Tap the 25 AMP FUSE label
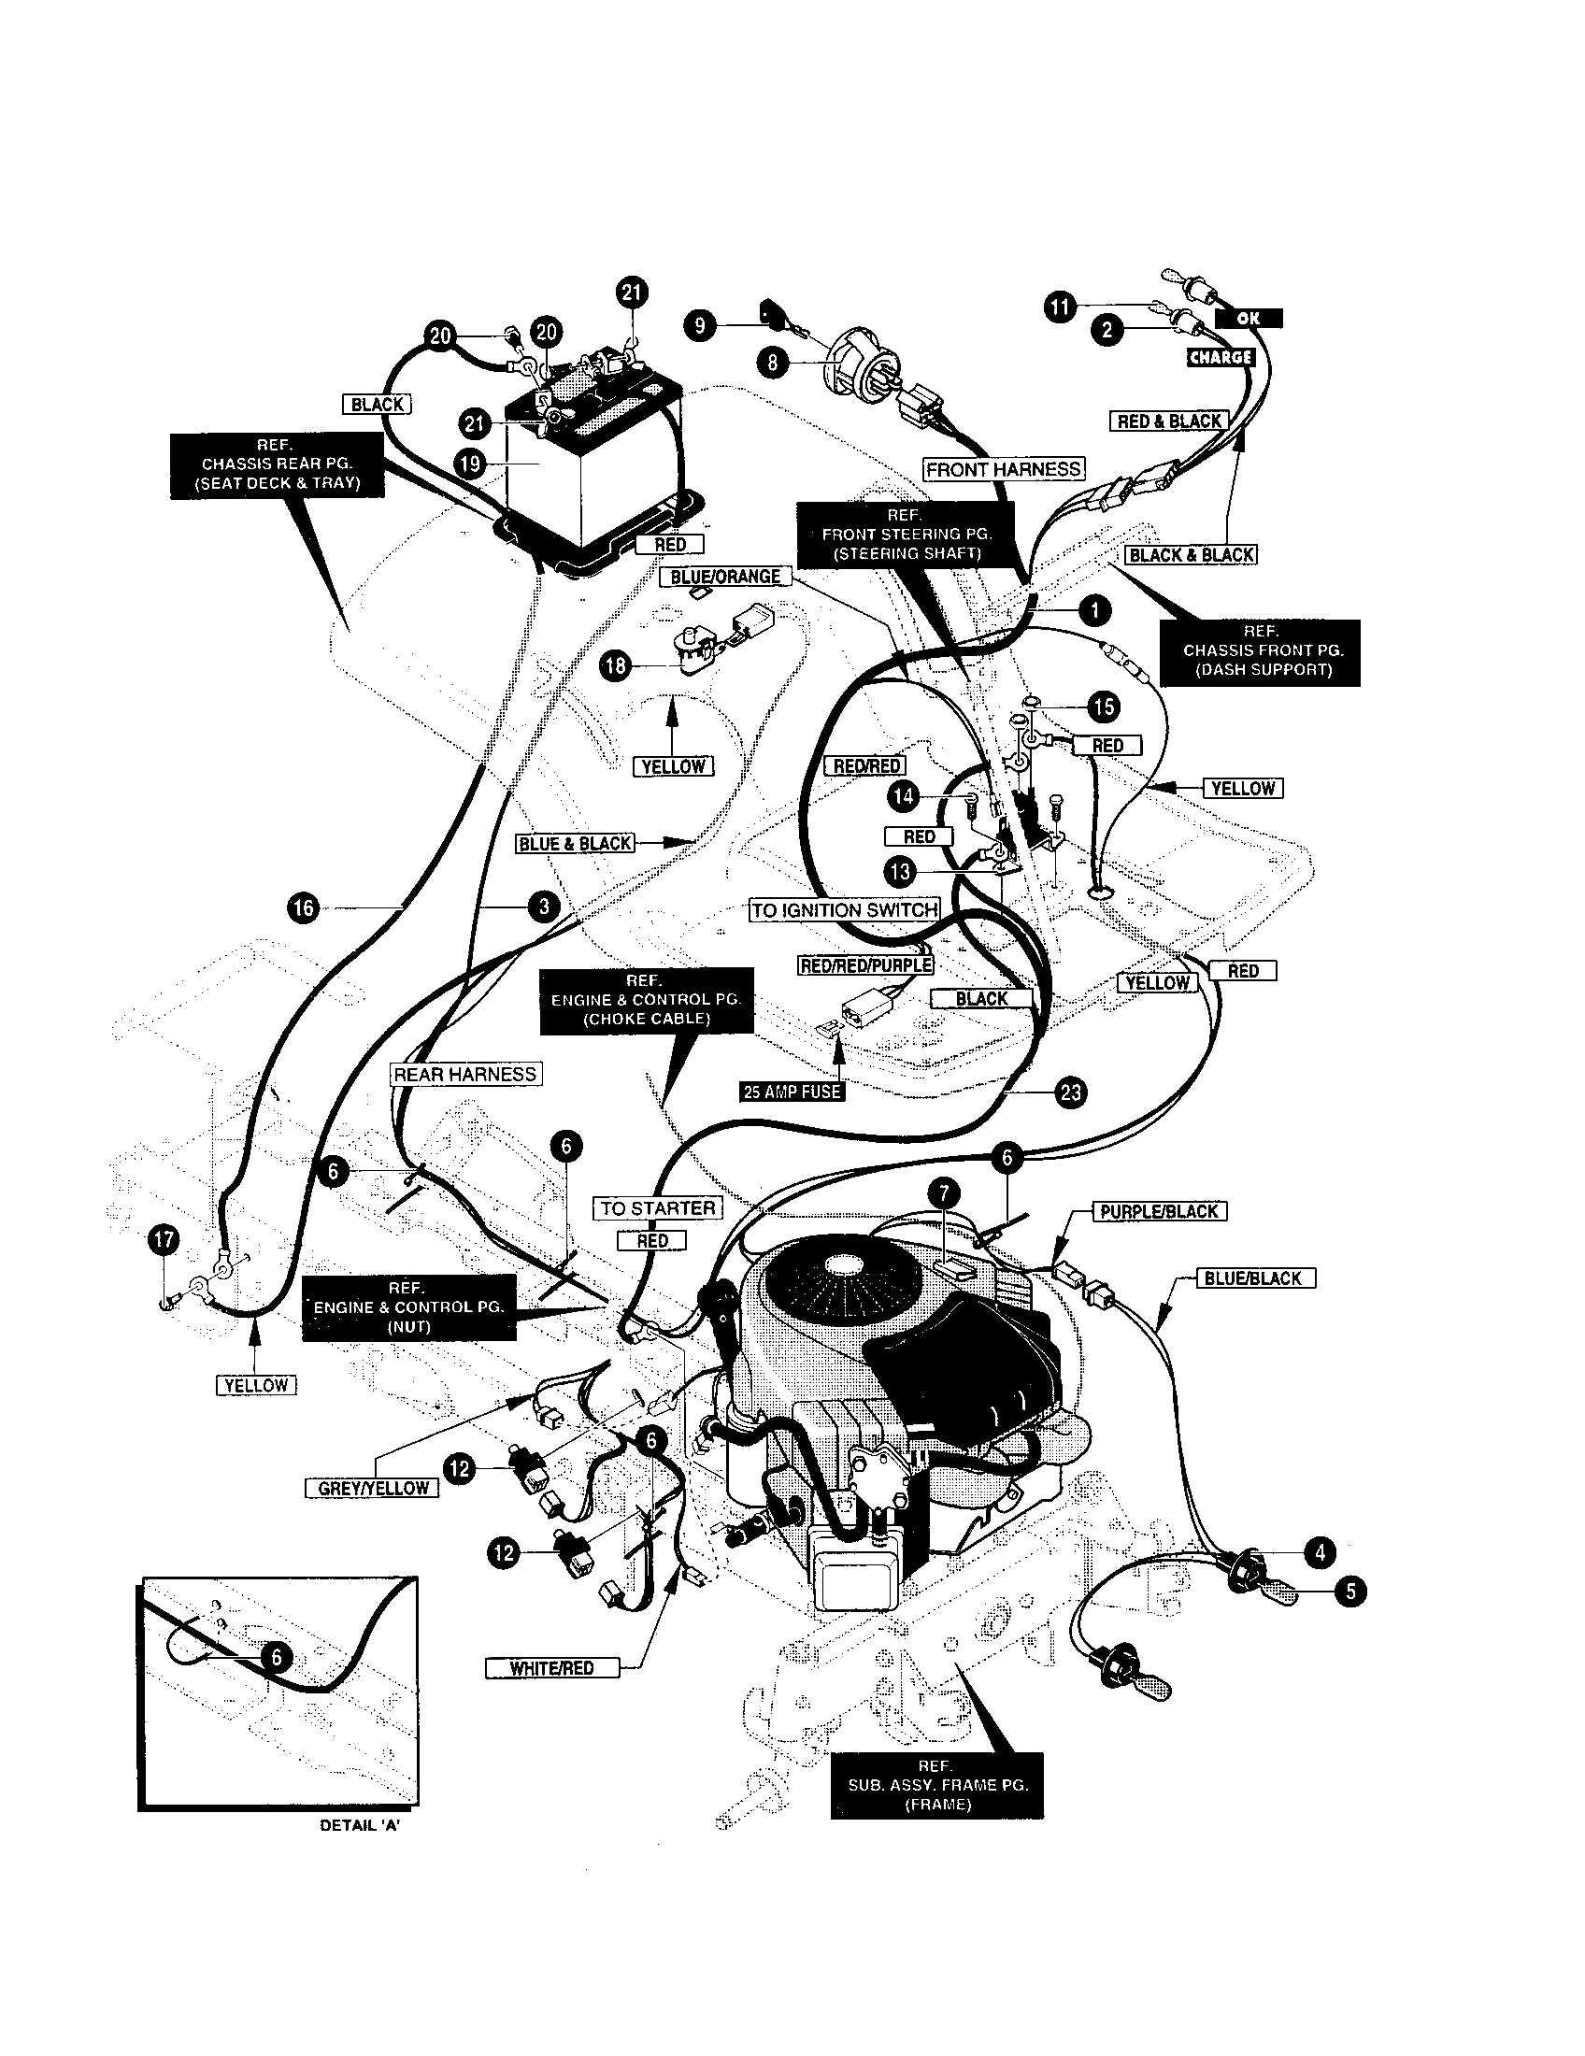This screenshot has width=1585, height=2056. (791, 1091)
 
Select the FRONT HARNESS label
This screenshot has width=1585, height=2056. (1003, 469)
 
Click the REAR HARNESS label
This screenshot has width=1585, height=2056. (465, 1074)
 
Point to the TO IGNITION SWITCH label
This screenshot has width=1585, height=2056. (844, 909)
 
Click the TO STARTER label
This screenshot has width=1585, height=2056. (658, 1207)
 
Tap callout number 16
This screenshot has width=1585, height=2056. (303, 907)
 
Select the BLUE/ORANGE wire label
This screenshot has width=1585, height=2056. (724, 576)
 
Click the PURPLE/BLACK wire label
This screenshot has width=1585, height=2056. (1159, 1211)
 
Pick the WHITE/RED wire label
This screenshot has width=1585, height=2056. (551, 1668)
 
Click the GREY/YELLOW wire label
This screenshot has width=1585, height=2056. (373, 1488)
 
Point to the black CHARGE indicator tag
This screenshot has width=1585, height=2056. (1220, 357)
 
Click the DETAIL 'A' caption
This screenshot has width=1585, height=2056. (361, 1824)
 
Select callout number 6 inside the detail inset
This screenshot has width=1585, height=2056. (276, 1658)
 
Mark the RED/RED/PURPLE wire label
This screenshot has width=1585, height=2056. (865, 966)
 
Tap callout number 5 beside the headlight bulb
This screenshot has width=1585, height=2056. (1350, 1592)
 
